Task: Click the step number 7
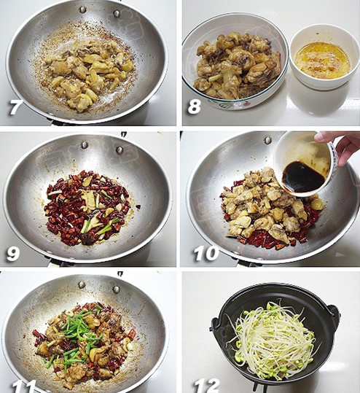pyautogui.click(x=15, y=107)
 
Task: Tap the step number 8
pyautogui.click(x=195, y=106)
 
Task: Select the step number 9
pyautogui.click(x=12, y=254)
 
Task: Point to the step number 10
pyautogui.click(x=206, y=253)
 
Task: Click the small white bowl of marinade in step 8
pyautogui.click(x=323, y=57)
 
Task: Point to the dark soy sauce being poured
pyautogui.click(x=302, y=176)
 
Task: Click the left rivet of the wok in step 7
pyautogui.click(x=82, y=9)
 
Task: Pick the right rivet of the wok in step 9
pyautogui.click(x=120, y=150)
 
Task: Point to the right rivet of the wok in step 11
pyautogui.click(x=116, y=289)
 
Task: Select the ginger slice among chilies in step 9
pyautogui.click(x=90, y=199)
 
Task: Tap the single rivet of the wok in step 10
pyautogui.click(x=267, y=140)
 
